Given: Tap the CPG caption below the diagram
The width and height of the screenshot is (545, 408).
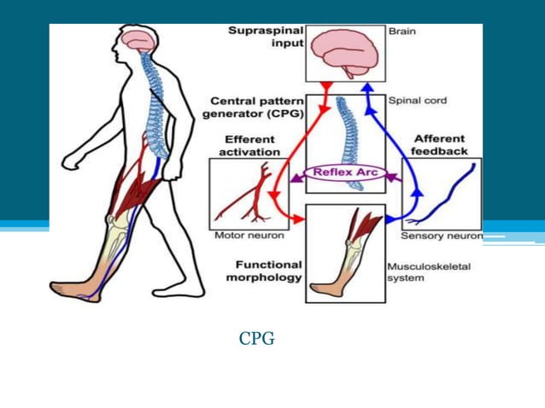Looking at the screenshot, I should [256, 339].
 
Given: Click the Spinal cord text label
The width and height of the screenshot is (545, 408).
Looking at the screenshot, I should [417, 101].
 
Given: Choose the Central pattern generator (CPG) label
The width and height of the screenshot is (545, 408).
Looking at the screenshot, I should [254, 108].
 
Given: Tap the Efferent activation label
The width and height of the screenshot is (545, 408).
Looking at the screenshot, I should [249, 145].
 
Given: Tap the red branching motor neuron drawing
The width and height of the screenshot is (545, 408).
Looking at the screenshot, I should [244, 197].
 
